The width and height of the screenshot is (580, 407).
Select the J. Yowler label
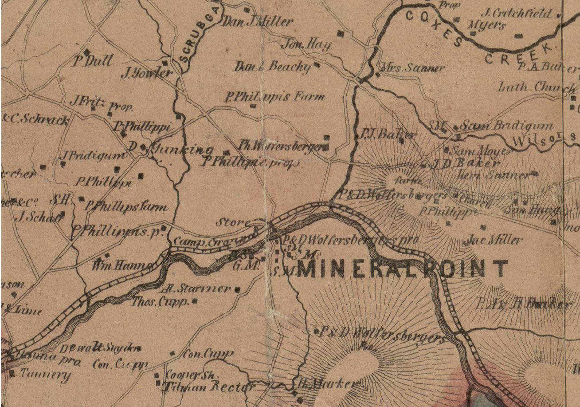tap(146, 73)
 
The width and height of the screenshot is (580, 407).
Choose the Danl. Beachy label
tap(273, 67)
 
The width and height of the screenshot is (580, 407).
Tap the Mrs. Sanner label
tap(413, 68)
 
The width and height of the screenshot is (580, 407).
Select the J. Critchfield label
tap(517, 14)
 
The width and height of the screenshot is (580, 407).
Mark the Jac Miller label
tap(493, 241)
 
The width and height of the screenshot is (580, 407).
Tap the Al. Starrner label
tap(196, 289)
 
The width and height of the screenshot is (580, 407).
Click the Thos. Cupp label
tap(160, 302)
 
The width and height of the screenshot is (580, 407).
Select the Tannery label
tap(45, 375)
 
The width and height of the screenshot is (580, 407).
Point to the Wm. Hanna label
tap(122, 266)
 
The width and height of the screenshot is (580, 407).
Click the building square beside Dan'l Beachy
tap(317, 65)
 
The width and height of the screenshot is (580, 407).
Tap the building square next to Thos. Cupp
tap(194, 301)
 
